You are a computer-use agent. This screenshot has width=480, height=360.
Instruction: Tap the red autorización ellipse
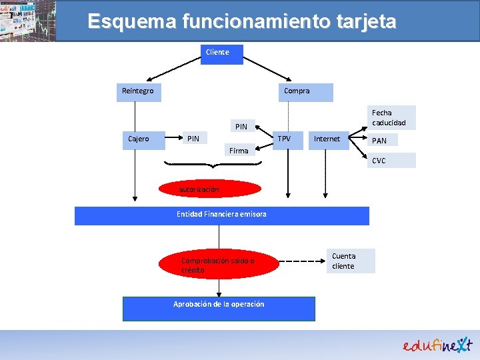pyautogui.click(x=211, y=190)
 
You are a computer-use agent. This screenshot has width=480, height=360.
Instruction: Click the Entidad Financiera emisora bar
pyautogui.click(x=221, y=215)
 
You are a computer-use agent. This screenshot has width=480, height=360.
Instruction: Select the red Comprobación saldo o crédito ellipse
pyautogui.click(x=217, y=265)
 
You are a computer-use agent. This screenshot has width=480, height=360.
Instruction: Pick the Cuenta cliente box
pyautogui.click(x=351, y=261)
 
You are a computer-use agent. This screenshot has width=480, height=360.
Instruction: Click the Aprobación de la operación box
pyautogui.click(x=219, y=308)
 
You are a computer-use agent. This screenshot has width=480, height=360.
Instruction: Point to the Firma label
pyautogui.click(x=239, y=151)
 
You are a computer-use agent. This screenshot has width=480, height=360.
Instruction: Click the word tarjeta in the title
pyautogui.click(x=364, y=21)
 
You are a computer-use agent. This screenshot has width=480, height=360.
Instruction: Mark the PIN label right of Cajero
pyautogui.click(x=193, y=139)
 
